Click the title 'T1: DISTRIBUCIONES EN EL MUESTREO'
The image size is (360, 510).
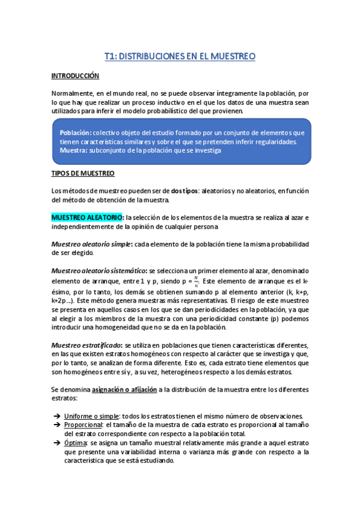(x=180, y=56)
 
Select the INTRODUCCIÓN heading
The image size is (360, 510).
(x=75, y=76)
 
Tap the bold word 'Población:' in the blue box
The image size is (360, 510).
(x=76, y=132)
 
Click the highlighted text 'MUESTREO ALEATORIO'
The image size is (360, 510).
(x=88, y=217)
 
